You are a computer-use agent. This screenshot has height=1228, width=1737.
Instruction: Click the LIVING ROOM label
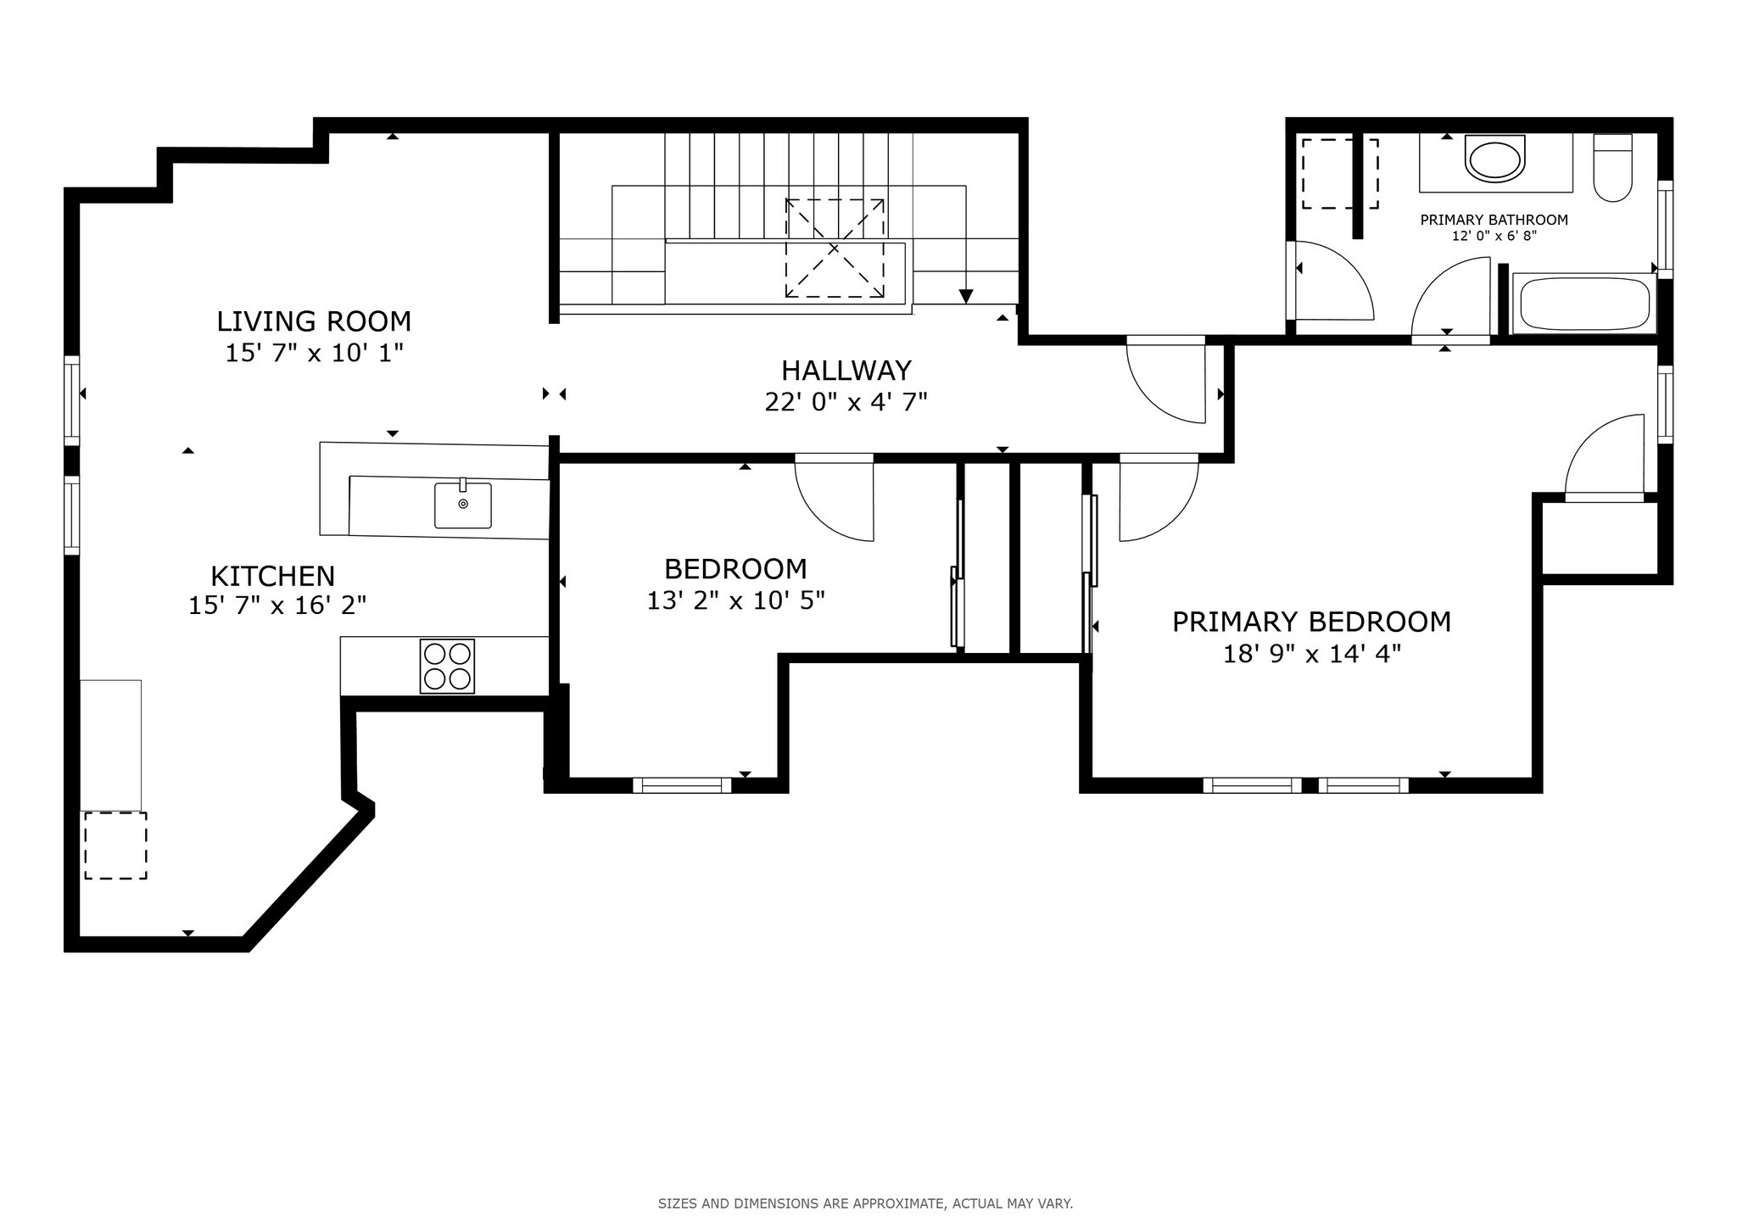click(x=314, y=321)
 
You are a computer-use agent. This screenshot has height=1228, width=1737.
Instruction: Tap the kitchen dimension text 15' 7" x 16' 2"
click(x=277, y=606)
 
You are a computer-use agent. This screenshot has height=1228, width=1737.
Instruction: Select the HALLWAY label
click(x=846, y=371)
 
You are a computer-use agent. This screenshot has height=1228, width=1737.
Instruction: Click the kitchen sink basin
click(x=462, y=505)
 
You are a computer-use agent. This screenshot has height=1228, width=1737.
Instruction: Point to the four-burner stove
click(x=447, y=666)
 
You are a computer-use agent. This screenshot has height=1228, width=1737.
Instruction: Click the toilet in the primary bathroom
click(x=1612, y=169)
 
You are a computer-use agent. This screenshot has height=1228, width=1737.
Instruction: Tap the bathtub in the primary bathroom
click(x=1583, y=304)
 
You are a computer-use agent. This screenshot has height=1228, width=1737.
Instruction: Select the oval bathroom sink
click(x=1495, y=161)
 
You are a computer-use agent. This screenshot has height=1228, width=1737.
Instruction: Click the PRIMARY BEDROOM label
click(x=1311, y=622)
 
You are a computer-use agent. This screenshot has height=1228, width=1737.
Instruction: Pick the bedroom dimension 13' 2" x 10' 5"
click(x=735, y=600)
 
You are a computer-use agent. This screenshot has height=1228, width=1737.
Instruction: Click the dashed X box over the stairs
click(x=835, y=248)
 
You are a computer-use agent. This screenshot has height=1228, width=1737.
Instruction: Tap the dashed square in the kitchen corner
click(x=115, y=845)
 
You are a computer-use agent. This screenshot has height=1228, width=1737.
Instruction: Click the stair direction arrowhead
click(x=966, y=296)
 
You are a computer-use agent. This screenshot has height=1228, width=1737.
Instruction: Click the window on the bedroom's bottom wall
click(x=682, y=785)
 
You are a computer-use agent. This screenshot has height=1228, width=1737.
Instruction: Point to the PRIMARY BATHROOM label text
click(x=1494, y=220)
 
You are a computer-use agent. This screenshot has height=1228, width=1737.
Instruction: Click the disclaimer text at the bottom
click(x=865, y=1203)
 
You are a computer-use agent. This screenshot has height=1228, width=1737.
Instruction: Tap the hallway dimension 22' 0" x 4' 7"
click(x=846, y=402)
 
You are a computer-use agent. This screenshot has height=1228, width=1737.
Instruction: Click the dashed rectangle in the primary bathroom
click(x=1339, y=174)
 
